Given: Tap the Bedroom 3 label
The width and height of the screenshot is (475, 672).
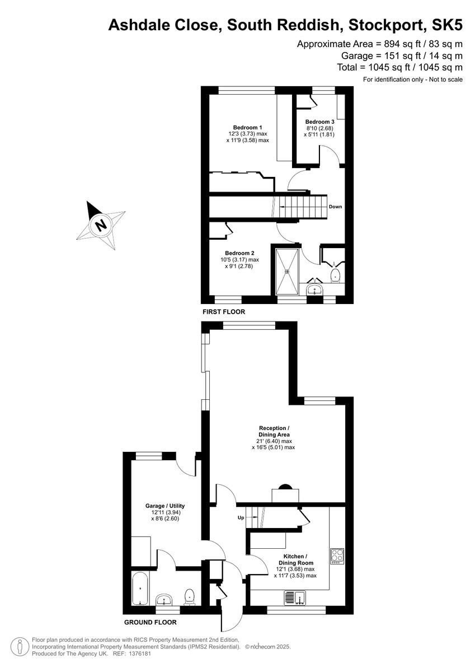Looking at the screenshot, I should pyautogui.click(x=319, y=122).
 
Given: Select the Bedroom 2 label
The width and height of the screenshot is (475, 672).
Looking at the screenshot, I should pyautogui.click(x=239, y=253).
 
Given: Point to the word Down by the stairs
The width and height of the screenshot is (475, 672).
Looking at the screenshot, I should pyautogui.click(x=335, y=207).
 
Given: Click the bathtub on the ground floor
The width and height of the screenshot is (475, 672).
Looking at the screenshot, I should pyautogui.click(x=138, y=589).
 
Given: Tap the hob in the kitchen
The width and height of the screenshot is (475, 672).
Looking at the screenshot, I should pyautogui.click(x=337, y=557).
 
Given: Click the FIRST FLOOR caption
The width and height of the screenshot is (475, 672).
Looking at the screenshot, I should pyautogui.click(x=224, y=311).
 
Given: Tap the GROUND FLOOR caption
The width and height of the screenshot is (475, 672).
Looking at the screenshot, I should pyautogui.click(x=150, y=622).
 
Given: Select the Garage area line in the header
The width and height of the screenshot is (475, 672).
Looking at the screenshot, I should pyautogui.click(x=402, y=55).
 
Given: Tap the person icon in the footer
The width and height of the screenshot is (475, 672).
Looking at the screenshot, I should pyautogui.click(x=20, y=646).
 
